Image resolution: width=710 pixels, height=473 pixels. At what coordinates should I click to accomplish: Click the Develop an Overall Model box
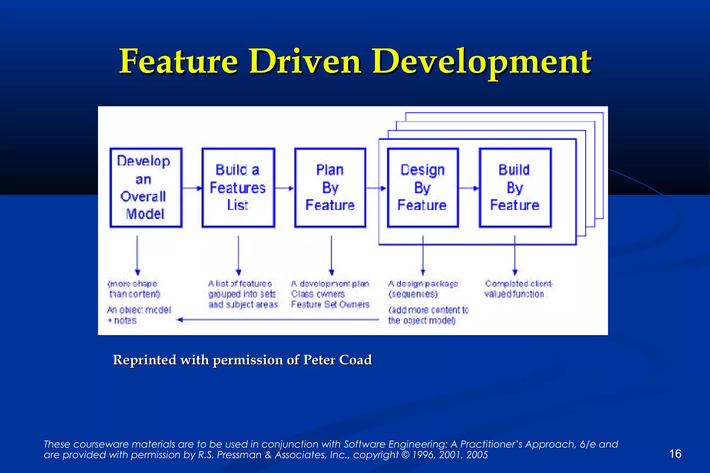click(146, 188)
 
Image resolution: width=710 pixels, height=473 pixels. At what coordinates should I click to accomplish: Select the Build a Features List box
click(238, 188)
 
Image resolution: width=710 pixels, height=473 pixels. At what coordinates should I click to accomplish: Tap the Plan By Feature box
click(330, 188)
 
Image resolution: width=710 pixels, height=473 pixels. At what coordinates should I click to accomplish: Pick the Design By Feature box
click(423, 188)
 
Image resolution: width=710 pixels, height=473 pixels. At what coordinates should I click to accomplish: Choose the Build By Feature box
click(515, 188)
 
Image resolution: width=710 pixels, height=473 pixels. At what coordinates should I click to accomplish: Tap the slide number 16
click(675, 454)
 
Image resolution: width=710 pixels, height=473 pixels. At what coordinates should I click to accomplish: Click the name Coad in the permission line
click(355, 360)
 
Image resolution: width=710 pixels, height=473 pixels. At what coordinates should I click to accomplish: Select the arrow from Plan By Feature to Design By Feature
click(376, 188)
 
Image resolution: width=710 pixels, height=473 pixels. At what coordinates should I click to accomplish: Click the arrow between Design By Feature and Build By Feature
click(469, 188)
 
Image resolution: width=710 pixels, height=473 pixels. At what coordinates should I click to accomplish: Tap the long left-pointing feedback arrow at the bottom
click(277, 320)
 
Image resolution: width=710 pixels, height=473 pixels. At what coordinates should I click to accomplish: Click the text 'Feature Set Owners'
click(330, 305)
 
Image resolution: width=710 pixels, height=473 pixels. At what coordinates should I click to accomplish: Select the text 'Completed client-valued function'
click(518, 289)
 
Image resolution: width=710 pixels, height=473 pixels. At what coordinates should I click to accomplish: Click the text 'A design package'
click(423, 284)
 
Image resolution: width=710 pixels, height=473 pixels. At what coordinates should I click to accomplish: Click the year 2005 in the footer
click(477, 455)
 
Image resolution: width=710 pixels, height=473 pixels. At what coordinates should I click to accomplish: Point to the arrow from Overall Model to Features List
click(192, 188)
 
